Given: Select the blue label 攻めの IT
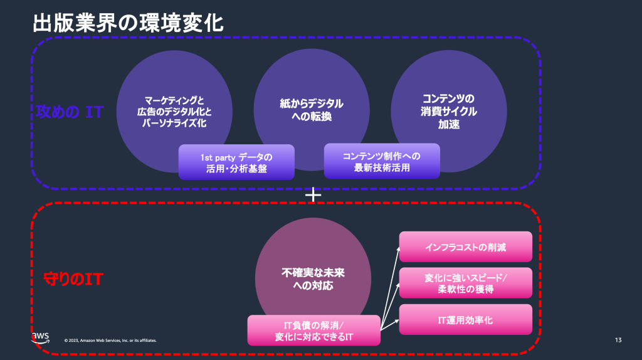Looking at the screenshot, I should [70, 112].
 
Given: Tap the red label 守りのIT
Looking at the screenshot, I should [73, 279].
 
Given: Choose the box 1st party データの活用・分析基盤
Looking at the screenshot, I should [236, 162].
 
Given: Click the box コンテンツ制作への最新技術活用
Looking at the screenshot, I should [381, 162].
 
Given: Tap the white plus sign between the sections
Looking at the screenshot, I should [312, 195].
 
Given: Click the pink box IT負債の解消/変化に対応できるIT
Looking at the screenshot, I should [314, 331].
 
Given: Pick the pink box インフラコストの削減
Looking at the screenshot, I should [465, 247].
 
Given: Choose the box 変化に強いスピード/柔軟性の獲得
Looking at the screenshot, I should [465, 283].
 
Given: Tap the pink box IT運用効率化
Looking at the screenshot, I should [465, 320].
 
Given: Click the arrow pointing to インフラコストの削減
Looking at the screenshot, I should [390, 282].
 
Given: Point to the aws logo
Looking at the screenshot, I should [39, 337].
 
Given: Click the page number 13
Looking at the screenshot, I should [618, 340].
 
